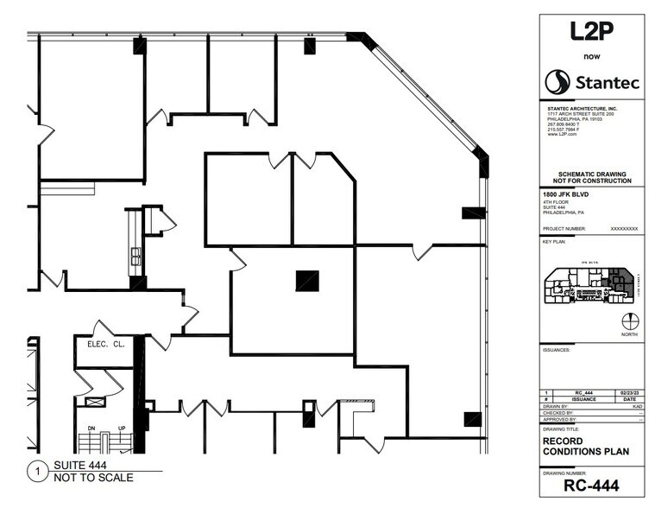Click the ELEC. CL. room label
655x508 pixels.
point(107,344)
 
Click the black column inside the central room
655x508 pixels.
point(307,281)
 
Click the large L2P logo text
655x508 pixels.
point(590,31)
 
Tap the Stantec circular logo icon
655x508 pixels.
point(557,82)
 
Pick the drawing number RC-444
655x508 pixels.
point(589,486)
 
